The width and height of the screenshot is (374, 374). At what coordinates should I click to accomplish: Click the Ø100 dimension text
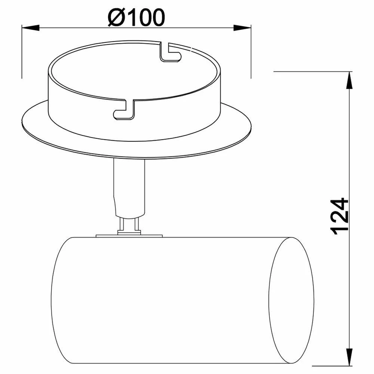(136, 18)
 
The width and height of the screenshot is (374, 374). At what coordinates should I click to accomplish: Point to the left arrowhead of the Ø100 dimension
(30, 27)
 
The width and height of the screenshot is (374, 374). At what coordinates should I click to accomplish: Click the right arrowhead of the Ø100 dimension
(242, 27)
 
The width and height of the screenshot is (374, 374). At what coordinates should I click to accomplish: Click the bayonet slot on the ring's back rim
(170, 52)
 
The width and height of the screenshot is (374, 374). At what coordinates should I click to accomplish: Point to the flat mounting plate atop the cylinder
(129, 236)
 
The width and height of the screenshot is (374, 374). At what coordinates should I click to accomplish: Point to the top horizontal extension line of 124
(310, 71)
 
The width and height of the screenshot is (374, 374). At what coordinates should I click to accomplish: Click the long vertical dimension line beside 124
(349, 150)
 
